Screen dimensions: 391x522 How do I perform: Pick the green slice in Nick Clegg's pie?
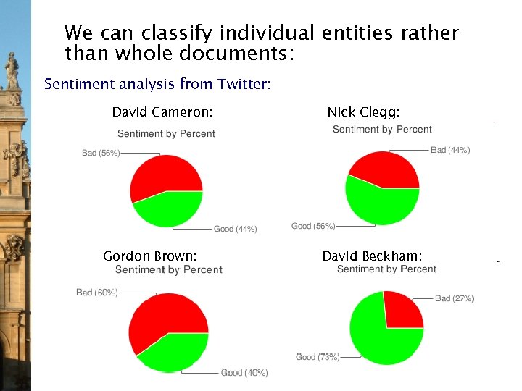378,204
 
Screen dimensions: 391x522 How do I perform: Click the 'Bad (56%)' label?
100,153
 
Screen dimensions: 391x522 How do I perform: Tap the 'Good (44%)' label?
235,229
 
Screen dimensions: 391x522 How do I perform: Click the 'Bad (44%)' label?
450,150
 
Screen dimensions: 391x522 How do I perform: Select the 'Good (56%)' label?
313,226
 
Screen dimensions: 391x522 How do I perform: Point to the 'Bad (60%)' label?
96,293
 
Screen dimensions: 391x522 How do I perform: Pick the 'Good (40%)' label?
244,373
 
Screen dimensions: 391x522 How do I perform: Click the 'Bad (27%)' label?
455,298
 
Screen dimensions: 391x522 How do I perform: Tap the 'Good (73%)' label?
318,356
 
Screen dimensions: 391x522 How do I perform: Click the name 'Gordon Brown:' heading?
150,256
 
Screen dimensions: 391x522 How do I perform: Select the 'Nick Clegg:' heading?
363,112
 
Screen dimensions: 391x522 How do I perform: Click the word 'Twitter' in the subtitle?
242,84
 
